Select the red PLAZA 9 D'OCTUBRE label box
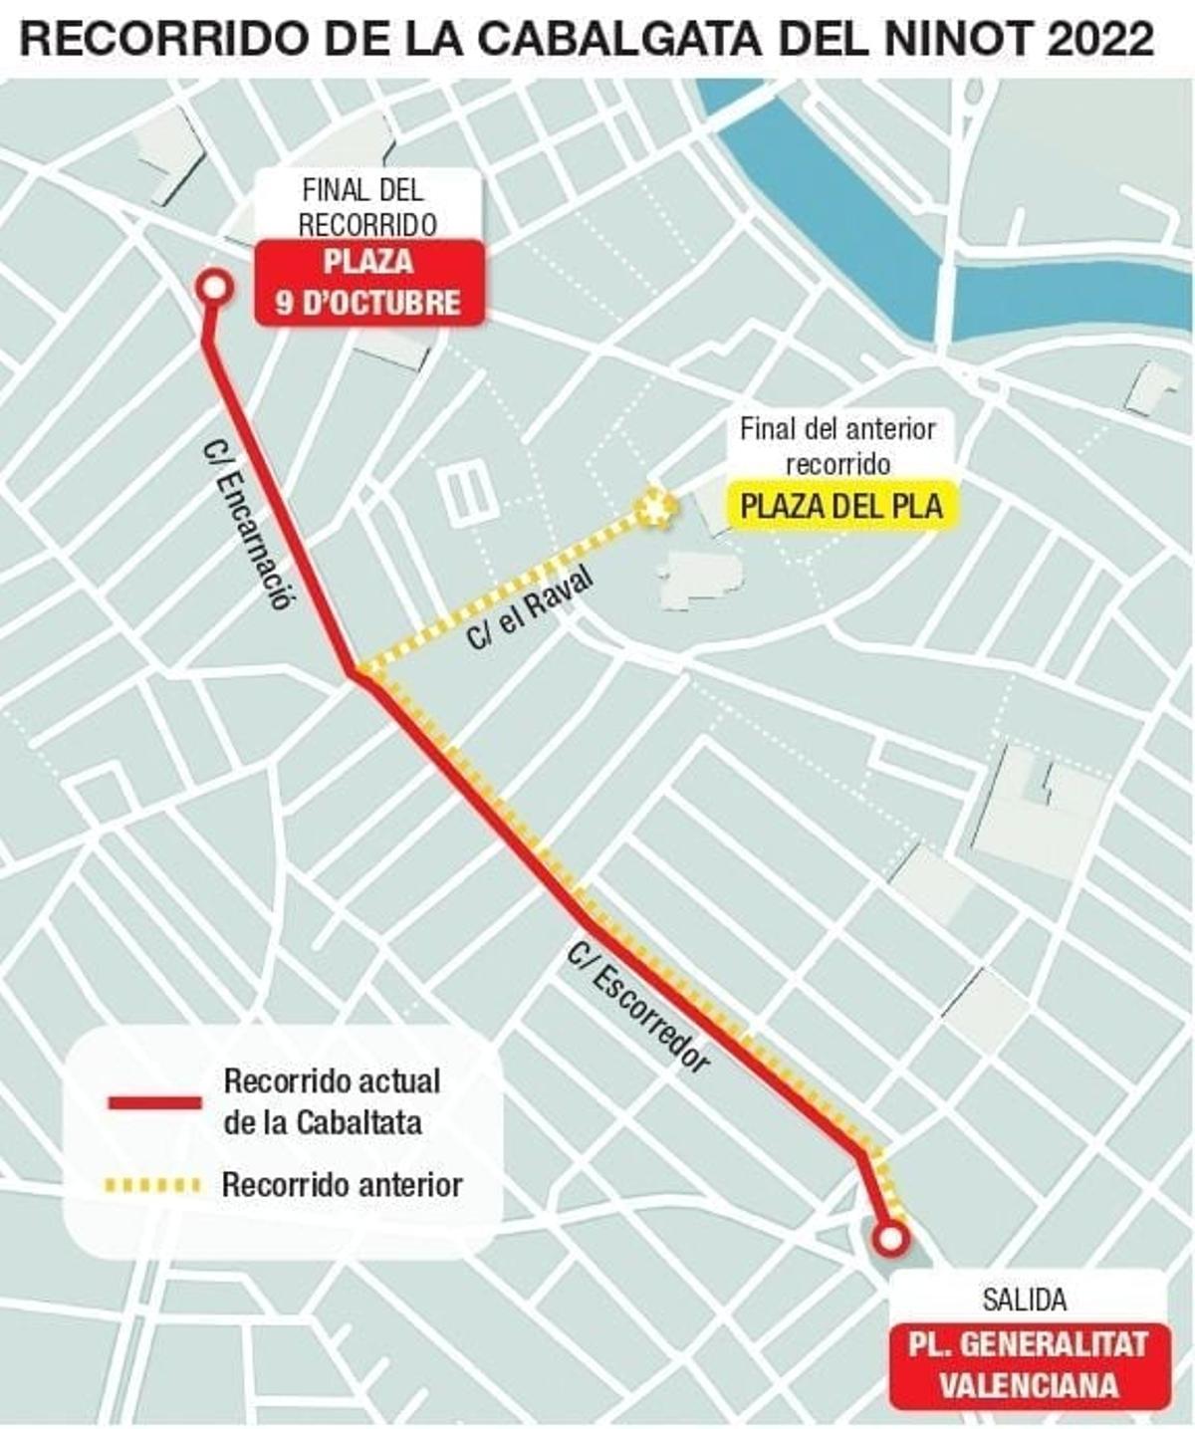[369, 283]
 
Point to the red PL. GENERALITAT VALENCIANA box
[1028, 1364]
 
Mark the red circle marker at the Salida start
[889, 1239]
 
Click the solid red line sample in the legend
[154, 1102]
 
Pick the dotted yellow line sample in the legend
[154, 1185]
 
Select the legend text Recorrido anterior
[342, 1185]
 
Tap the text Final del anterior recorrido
[837, 446]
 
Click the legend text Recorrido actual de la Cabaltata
[332, 1101]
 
